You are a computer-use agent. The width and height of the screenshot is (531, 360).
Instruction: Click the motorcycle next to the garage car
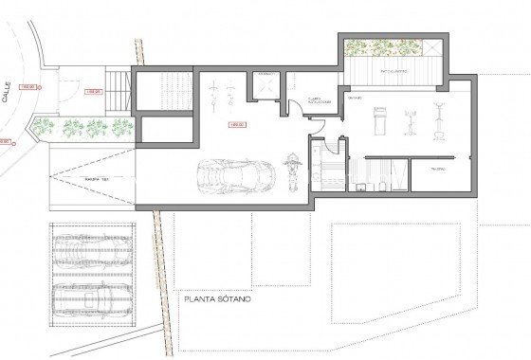290,173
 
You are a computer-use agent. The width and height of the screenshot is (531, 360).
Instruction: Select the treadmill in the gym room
379,119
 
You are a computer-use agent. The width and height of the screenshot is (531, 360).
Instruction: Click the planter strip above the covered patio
387,46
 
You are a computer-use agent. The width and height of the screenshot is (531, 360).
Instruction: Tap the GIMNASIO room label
356,98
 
